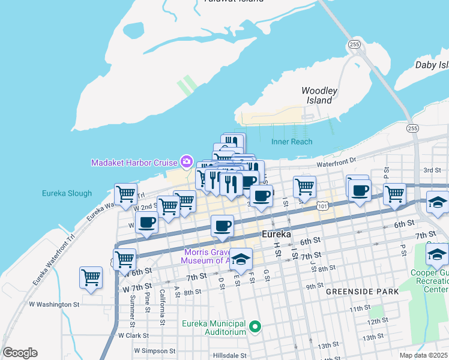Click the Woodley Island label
click(x=319, y=95)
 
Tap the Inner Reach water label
click(x=292, y=142)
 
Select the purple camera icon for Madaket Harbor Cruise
click(x=186, y=162)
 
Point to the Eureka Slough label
click(x=67, y=193)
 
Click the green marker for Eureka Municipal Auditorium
click(x=255, y=327)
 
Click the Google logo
click(x=20, y=353)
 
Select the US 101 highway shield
click(x=324, y=206)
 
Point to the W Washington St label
click(x=54, y=304)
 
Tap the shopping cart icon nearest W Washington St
click(x=91, y=278)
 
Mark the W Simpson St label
click(x=154, y=350)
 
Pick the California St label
click(x=162, y=307)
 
